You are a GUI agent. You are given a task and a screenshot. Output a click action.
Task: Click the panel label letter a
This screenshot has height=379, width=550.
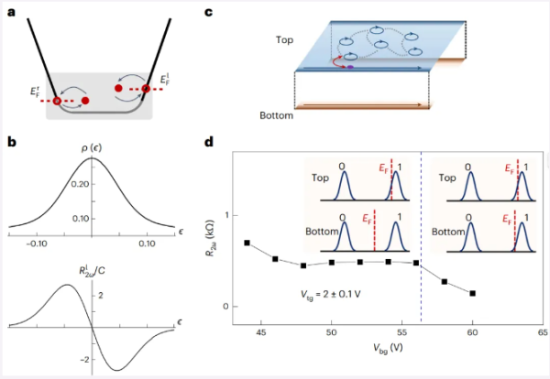point(12,13)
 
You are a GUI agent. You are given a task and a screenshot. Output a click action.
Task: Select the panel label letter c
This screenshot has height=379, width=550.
point(208,12)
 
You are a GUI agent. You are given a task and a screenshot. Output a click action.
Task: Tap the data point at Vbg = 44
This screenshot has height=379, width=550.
point(247,243)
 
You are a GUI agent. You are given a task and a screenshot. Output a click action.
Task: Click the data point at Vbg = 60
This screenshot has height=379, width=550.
point(472,293)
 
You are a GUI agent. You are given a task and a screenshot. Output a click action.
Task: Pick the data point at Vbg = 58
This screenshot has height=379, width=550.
point(445,282)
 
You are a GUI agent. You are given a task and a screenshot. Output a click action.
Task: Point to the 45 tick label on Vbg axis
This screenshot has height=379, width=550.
point(261,332)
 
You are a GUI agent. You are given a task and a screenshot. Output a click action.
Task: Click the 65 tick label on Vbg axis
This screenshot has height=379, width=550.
point(543,332)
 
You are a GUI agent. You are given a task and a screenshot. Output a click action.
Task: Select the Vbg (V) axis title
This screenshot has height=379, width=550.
point(388,348)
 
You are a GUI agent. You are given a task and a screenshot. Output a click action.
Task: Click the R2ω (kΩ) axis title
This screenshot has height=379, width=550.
point(211,238)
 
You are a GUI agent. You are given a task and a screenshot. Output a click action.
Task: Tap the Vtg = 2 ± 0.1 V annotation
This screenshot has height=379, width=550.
point(330,295)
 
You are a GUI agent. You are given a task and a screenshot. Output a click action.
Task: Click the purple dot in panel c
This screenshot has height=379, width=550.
point(350,67)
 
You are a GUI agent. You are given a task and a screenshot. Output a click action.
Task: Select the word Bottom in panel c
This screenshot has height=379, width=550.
point(277,115)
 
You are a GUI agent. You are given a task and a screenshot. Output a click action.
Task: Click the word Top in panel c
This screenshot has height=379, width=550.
point(284,40)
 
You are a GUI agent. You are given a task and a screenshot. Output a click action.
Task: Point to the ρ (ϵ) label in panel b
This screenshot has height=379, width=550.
point(92,148)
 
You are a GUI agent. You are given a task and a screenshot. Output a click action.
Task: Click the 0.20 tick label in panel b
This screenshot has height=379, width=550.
point(80,184)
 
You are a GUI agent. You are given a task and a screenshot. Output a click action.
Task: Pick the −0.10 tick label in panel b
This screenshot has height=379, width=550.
point(37,244)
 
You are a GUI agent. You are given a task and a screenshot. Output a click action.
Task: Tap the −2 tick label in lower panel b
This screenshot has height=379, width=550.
point(84,360)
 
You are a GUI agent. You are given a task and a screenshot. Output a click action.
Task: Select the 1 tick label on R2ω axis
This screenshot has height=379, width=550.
point(226,215)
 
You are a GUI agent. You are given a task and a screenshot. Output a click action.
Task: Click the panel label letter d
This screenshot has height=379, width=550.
point(209,142)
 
